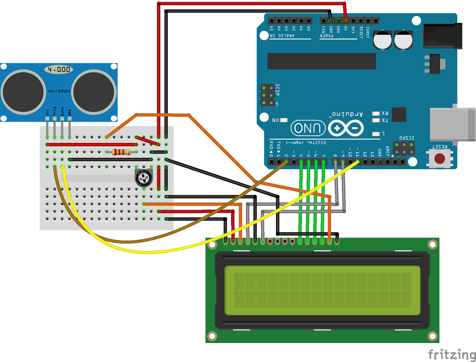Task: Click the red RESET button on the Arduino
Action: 440,158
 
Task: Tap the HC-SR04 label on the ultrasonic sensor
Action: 59,91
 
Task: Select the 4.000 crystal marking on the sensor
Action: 59,69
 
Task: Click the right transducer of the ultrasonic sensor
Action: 94,92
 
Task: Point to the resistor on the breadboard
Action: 121,152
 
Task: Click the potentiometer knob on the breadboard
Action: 144,178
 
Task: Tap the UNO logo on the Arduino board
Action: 308,128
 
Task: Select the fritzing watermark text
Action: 452,354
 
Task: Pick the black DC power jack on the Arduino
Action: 442,36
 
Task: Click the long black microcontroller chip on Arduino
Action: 321,61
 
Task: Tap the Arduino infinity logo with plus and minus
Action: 346,128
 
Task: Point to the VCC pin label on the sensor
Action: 47,112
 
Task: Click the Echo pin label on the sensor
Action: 62,111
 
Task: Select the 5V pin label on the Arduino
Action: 346,29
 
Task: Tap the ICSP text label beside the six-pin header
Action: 278,90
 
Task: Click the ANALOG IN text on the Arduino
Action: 282,36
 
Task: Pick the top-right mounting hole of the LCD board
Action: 432,244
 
